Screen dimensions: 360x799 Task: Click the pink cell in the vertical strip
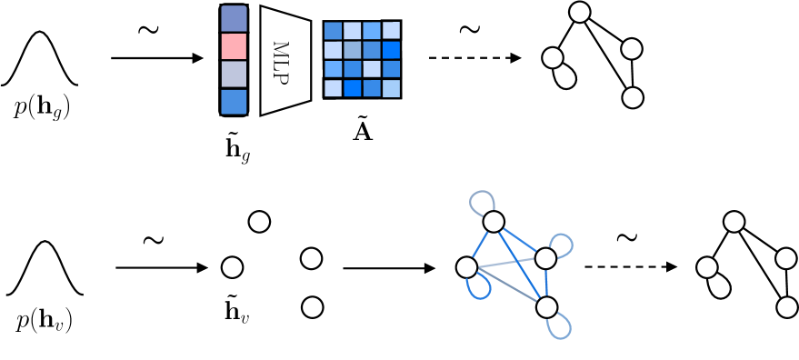tap(234, 46)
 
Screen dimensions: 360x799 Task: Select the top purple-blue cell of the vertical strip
tap(234, 18)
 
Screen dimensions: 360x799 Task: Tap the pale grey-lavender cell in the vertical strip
tap(234, 74)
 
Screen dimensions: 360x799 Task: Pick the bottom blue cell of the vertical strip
tap(234, 102)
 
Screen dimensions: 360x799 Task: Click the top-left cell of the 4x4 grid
tap(333, 30)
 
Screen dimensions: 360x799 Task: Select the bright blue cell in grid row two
tap(391, 49)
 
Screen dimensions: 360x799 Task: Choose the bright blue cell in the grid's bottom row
tap(352, 88)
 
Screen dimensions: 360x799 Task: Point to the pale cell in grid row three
tap(372, 69)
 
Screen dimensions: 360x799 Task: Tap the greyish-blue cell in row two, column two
tap(352, 49)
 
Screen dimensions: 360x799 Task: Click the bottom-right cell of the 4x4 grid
tap(391, 88)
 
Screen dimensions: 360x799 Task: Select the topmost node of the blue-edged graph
tap(494, 222)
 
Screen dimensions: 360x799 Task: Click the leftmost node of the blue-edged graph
tap(466, 267)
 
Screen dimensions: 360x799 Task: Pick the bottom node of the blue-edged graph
tap(546, 307)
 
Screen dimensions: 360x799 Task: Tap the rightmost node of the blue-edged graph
tap(545, 258)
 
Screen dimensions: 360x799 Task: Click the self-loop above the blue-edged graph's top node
tap(482, 199)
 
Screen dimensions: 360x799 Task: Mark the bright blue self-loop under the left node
tap(480, 291)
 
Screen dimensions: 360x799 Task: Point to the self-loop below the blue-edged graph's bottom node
tap(562, 328)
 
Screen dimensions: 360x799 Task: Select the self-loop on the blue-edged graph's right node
tap(564, 243)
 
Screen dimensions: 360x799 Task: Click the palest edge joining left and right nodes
tap(505, 263)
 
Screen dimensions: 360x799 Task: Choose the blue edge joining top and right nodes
tap(520, 240)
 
